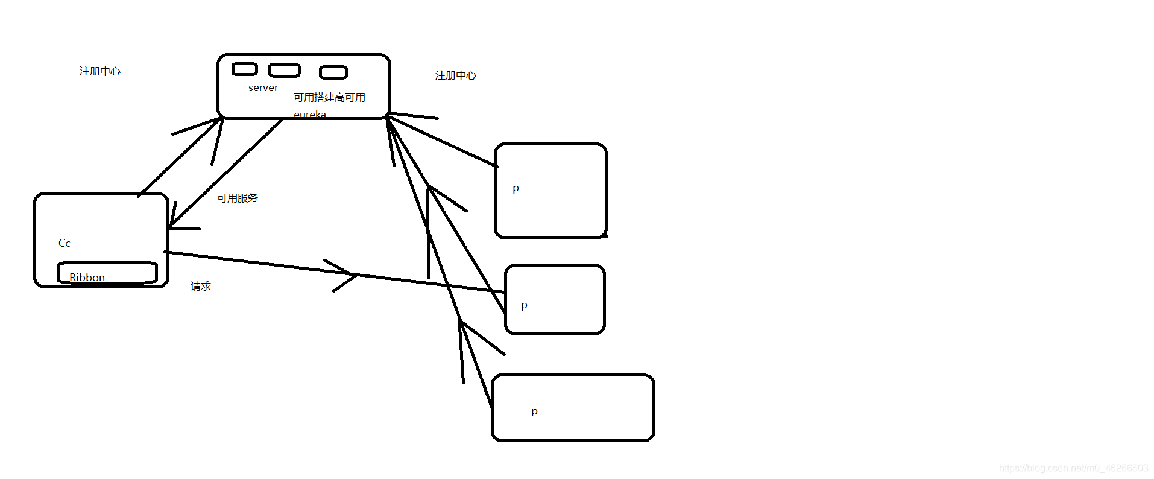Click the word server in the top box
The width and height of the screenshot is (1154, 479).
(263, 88)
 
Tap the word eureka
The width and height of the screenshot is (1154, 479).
(309, 114)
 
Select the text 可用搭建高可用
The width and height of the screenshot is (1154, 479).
(329, 98)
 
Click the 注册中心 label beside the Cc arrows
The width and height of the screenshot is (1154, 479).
(99, 71)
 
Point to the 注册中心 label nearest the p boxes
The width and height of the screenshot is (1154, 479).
(455, 75)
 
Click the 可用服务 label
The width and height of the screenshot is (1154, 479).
(237, 198)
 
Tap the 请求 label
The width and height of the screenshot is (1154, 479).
(201, 286)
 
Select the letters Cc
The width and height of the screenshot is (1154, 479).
(65, 243)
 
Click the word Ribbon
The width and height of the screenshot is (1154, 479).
(87, 277)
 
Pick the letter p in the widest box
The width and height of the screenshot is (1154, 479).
(534, 411)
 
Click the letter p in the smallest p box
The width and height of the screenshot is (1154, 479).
(524, 306)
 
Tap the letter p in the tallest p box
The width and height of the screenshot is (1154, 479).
(516, 189)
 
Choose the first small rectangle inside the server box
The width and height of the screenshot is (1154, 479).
(245, 69)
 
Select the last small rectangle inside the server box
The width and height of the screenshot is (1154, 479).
(333, 72)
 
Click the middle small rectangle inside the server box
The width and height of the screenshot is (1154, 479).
(284, 71)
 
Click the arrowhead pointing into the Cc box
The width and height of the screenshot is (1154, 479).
(172, 226)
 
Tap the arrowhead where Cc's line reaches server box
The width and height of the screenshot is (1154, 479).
(220, 121)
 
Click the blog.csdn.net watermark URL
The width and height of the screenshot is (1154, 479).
(1073, 468)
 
